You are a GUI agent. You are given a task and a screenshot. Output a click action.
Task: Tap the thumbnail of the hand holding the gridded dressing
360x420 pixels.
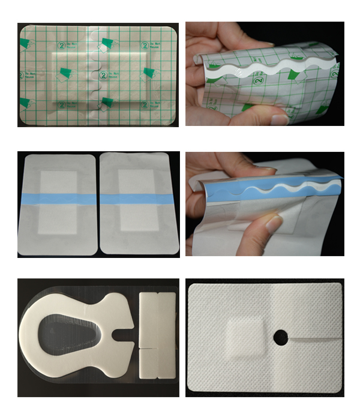279,118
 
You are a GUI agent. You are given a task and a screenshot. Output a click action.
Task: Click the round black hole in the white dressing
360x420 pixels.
280,338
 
